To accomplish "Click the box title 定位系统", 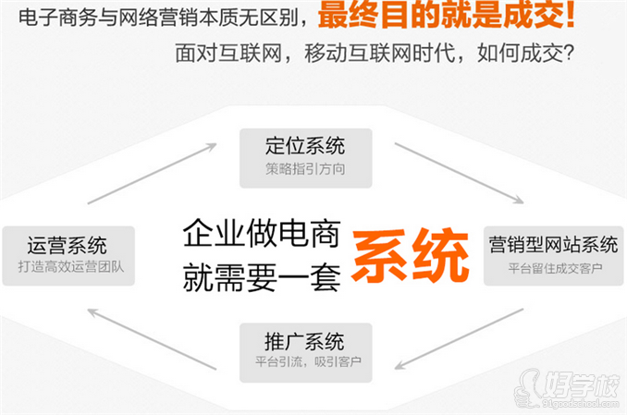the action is point(304,146).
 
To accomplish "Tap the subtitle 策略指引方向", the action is point(304,169).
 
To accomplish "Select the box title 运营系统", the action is point(67,245).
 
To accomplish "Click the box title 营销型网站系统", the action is point(553,245).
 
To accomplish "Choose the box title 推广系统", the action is point(304,337).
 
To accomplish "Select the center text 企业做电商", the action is point(262,231).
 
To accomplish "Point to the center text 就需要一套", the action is point(262,275).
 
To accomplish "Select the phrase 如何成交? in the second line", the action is point(525,53).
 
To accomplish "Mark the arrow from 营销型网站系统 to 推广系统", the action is point(458,338).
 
